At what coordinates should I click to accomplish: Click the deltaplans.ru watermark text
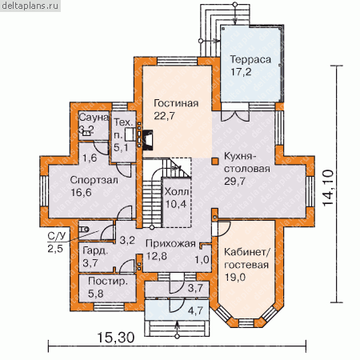30,6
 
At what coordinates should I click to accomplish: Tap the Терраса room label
250,59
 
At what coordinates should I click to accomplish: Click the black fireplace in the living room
148,139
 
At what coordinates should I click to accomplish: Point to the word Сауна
94,118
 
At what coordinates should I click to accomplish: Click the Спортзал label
94,180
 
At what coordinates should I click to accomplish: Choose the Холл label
177,191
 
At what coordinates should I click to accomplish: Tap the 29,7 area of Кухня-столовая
234,181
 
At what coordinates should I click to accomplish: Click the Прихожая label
170,243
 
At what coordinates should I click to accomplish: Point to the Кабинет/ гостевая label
247,258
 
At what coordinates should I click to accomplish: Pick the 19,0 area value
234,278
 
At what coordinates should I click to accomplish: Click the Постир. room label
108,281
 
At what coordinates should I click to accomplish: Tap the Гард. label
95,251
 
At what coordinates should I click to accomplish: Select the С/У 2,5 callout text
56,242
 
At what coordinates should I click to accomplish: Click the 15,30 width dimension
116,338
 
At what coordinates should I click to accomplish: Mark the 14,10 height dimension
328,187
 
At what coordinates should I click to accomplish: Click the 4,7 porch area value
195,310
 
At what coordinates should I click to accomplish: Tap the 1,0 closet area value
202,259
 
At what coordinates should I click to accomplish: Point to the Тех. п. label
123,135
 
